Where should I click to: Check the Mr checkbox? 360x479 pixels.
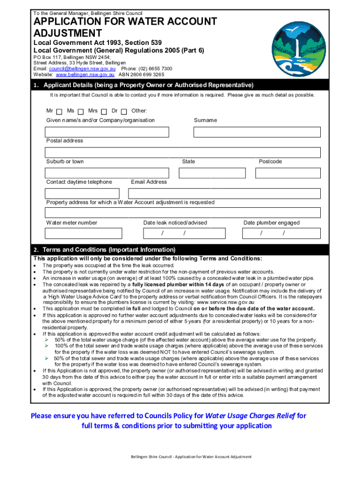coord(59,111)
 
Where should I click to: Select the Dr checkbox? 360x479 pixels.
coord(124,111)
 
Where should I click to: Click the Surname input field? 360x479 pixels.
coord(257,132)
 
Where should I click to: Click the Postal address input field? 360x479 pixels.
coord(182,152)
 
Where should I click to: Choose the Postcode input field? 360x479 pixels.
coord(288,173)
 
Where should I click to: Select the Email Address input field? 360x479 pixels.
coord(224,194)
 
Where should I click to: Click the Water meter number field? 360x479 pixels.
coord(83,233)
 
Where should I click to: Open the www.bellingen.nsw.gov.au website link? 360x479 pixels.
coord(85,75)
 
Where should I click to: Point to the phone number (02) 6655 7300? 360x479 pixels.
coord(155,69)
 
